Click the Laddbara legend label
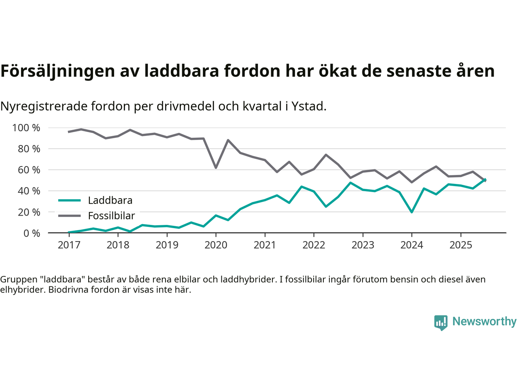(x=110, y=200)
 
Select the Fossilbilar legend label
(x=111, y=216)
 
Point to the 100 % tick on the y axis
(x=26, y=128)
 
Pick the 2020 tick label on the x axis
(x=216, y=245)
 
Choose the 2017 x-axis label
(x=69, y=245)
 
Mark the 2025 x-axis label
(x=461, y=245)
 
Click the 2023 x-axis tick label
(x=363, y=245)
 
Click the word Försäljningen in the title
(x=58, y=71)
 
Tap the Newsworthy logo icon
(x=441, y=323)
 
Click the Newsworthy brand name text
(x=484, y=321)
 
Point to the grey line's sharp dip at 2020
(x=216, y=167)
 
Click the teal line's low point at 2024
(x=412, y=212)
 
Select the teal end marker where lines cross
(x=484, y=180)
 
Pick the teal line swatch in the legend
(x=70, y=200)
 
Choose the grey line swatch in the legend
(x=70, y=216)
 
